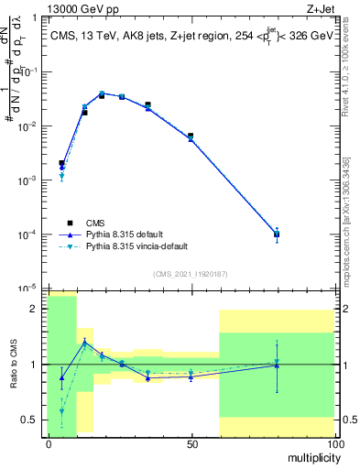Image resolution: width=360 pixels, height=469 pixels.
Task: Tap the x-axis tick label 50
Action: (191, 443)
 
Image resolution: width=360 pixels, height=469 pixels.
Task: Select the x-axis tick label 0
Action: (49, 443)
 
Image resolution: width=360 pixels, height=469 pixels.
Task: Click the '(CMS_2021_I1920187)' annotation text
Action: (191, 274)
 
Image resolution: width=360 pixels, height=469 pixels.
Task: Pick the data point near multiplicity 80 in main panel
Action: (277, 234)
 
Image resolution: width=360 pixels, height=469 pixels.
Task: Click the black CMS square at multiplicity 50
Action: (191, 136)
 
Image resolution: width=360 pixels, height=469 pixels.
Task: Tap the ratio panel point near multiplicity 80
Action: (277, 365)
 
